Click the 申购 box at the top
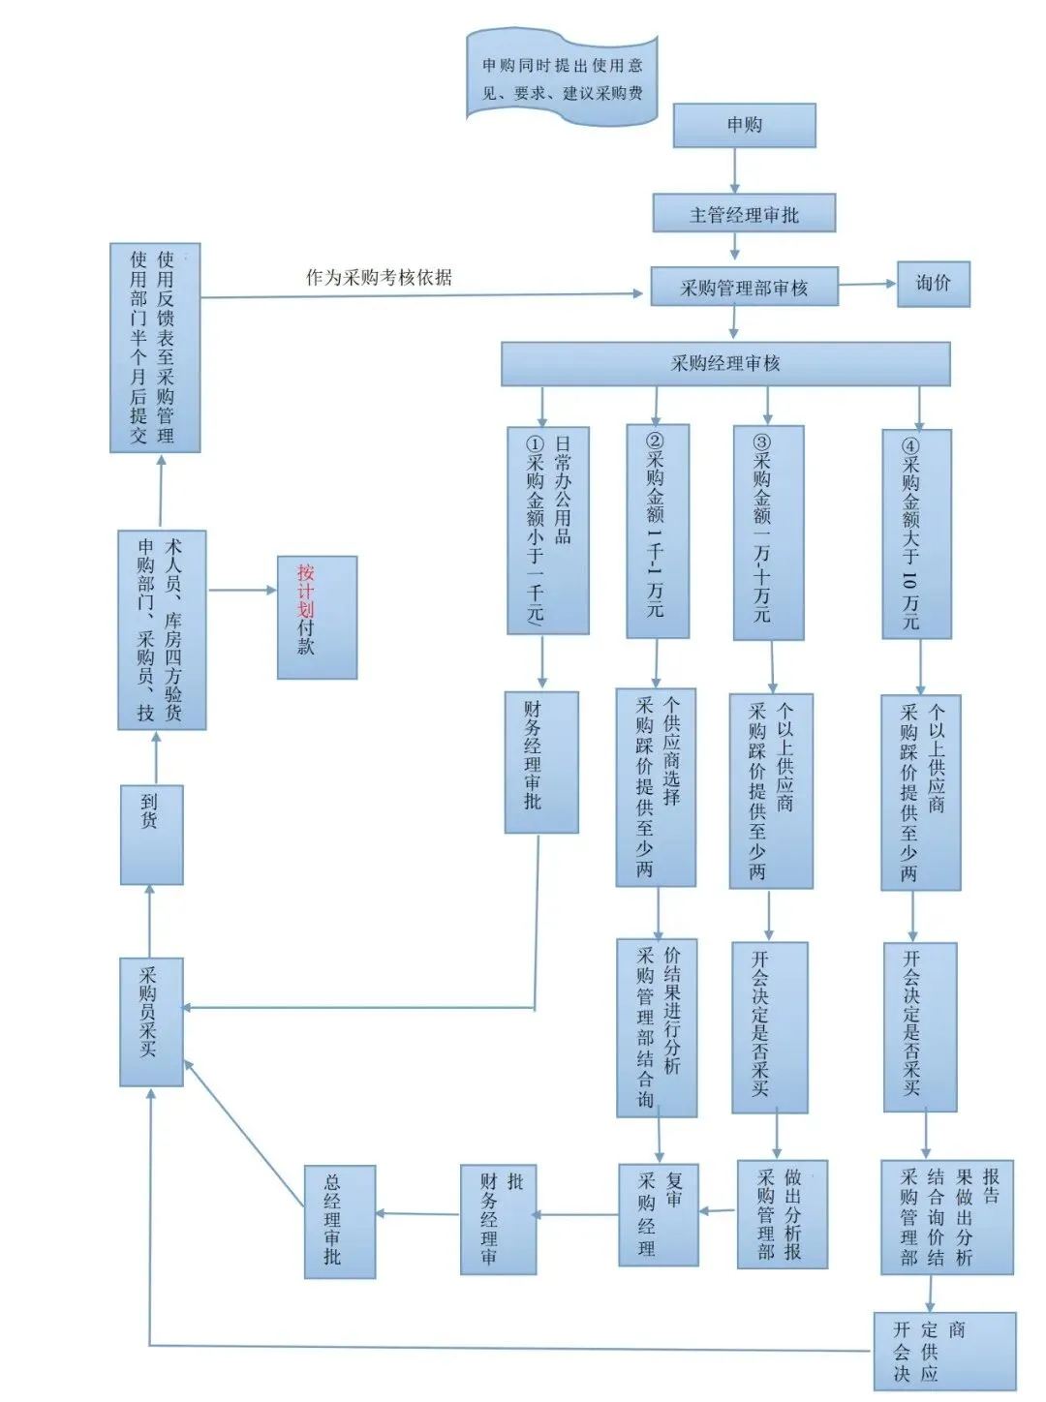[x=744, y=125]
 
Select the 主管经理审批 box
[x=744, y=214]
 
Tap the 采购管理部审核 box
[x=744, y=288]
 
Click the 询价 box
[x=933, y=284]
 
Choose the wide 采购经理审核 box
[x=725, y=363]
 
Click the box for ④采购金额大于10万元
[x=916, y=533]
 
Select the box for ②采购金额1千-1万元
[x=658, y=532]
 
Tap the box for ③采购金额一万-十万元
[x=768, y=533]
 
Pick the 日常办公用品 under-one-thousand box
[x=547, y=531]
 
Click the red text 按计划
[x=306, y=590]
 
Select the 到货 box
[x=151, y=835]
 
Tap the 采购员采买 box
[x=151, y=1021]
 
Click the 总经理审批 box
[x=339, y=1221]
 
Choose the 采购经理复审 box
[x=658, y=1214]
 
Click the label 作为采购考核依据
[x=379, y=278]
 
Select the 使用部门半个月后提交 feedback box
[x=155, y=348]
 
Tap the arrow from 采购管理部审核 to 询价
[x=868, y=285]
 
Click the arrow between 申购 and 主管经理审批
[x=735, y=170]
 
